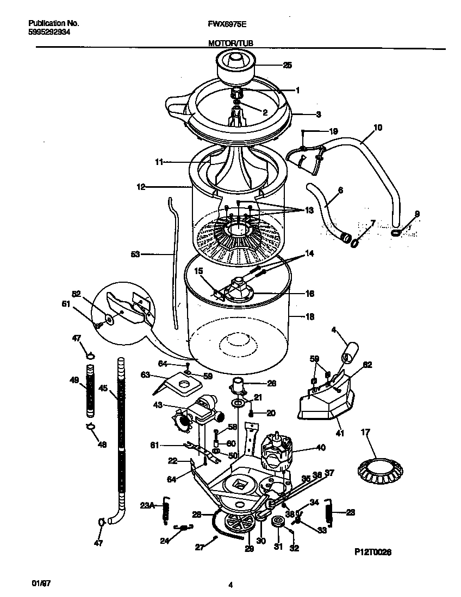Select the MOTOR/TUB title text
pos(230,43)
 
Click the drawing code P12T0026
pos(373,551)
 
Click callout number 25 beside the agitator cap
pos(288,65)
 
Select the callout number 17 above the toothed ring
pos(365,432)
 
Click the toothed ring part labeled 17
pos(377,469)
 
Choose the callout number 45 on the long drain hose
pos(103,389)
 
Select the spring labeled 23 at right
pos(328,512)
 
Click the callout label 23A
pos(147,506)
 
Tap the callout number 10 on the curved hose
pos(378,128)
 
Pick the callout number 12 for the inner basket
pos(141,187)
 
